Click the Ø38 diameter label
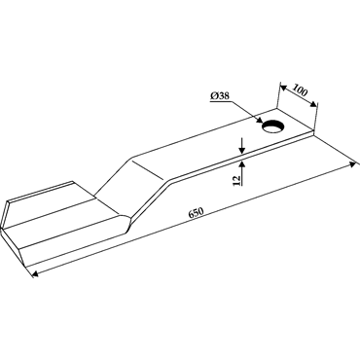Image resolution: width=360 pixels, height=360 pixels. (220, 96)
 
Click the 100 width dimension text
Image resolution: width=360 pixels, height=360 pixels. (300, 90)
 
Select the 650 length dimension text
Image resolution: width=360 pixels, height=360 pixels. (196, 212)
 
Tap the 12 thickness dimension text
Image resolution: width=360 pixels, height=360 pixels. (236, 181)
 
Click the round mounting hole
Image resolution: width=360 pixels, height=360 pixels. (273, 126)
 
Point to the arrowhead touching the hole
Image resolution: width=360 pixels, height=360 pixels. (259, 120)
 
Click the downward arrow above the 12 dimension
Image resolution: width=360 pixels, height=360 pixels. (241, 145)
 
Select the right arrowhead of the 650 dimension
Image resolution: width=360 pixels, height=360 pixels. (352, 164)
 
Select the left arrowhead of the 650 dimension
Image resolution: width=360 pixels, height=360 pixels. (35, 274)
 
